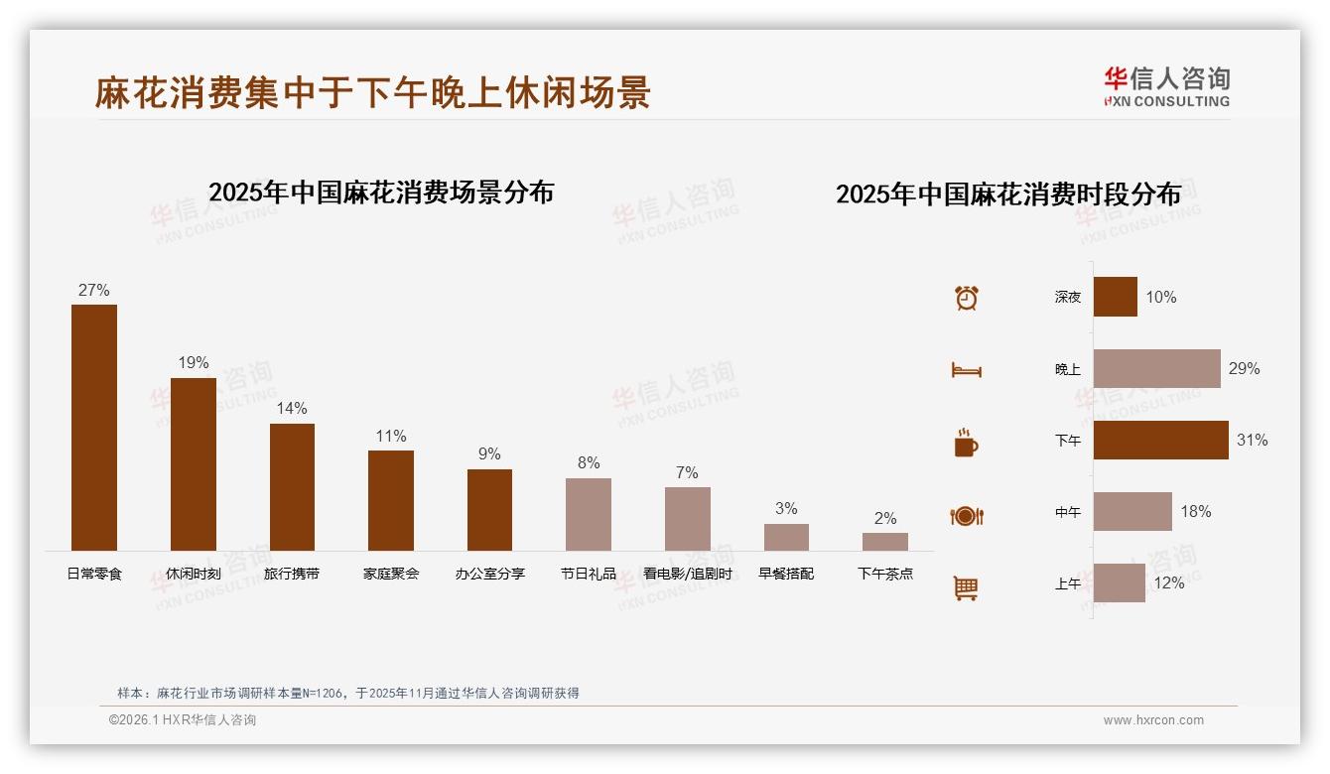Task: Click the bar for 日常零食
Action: [94, 428]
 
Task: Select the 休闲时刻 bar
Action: [193, 464]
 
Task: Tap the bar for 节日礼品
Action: [589, 514]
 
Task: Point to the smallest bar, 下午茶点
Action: [884, 542]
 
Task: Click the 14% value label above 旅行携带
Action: [292, 408]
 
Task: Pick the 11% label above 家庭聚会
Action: [391, 436]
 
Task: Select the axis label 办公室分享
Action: [490, 574]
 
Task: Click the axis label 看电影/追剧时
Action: [687, 574]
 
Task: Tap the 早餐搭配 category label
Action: [786, 574]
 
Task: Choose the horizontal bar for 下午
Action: [1160, 440]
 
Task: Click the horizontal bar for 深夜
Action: [1115, 297]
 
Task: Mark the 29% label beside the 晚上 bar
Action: [1244, 368]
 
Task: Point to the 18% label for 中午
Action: [1195, 511]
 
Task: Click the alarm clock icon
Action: [967, 298]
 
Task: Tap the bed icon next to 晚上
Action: [967, 370]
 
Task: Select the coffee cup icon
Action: [966, 443]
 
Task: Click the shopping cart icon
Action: [966, 587]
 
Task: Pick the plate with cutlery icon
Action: [967, 516]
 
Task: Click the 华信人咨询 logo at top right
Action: [1166, 87]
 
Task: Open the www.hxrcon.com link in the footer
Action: [1153, 720]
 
